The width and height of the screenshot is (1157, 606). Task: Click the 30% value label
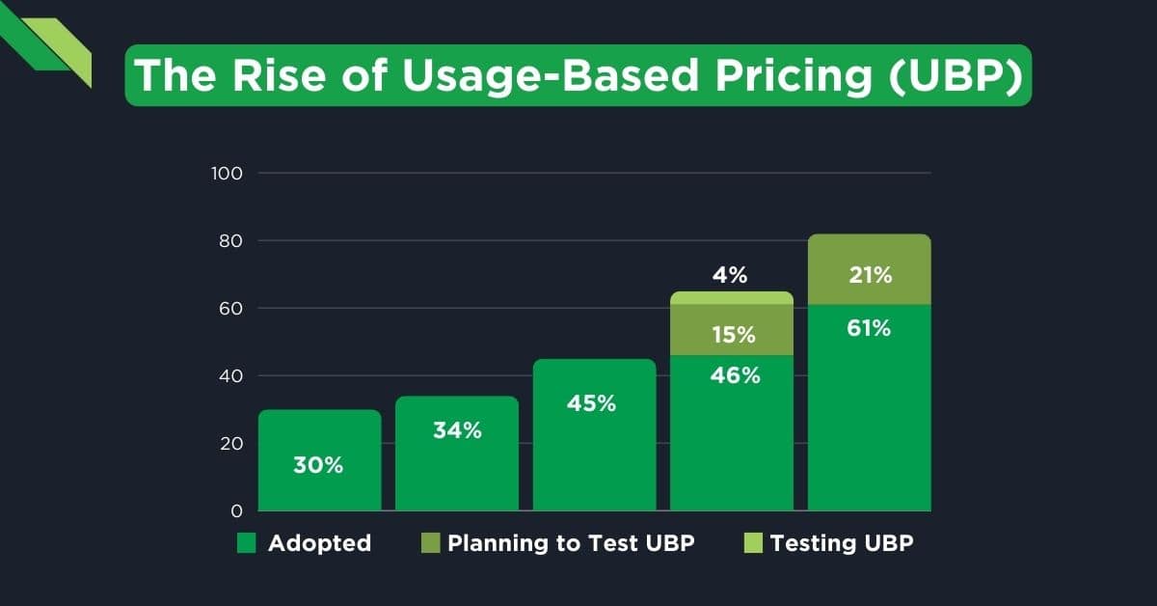point(319,465)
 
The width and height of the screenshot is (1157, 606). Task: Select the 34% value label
point(457,430)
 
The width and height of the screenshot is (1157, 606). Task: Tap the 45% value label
point(592,403)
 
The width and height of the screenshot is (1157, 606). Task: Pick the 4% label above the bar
point(731,275)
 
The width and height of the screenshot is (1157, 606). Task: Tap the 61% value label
point(869,328)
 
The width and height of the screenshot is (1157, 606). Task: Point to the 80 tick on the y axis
point(230,241)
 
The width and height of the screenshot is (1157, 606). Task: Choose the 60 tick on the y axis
point(230,309)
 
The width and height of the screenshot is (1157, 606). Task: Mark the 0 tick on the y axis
point(236,510)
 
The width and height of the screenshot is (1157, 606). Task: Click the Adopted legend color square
point(247,543)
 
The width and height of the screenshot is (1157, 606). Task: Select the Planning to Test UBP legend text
point(571,543)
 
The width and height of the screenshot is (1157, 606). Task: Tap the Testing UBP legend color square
point(752,543)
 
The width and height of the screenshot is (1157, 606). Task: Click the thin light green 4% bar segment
point(732,297)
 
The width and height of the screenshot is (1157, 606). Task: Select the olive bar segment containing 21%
point(869,269)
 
